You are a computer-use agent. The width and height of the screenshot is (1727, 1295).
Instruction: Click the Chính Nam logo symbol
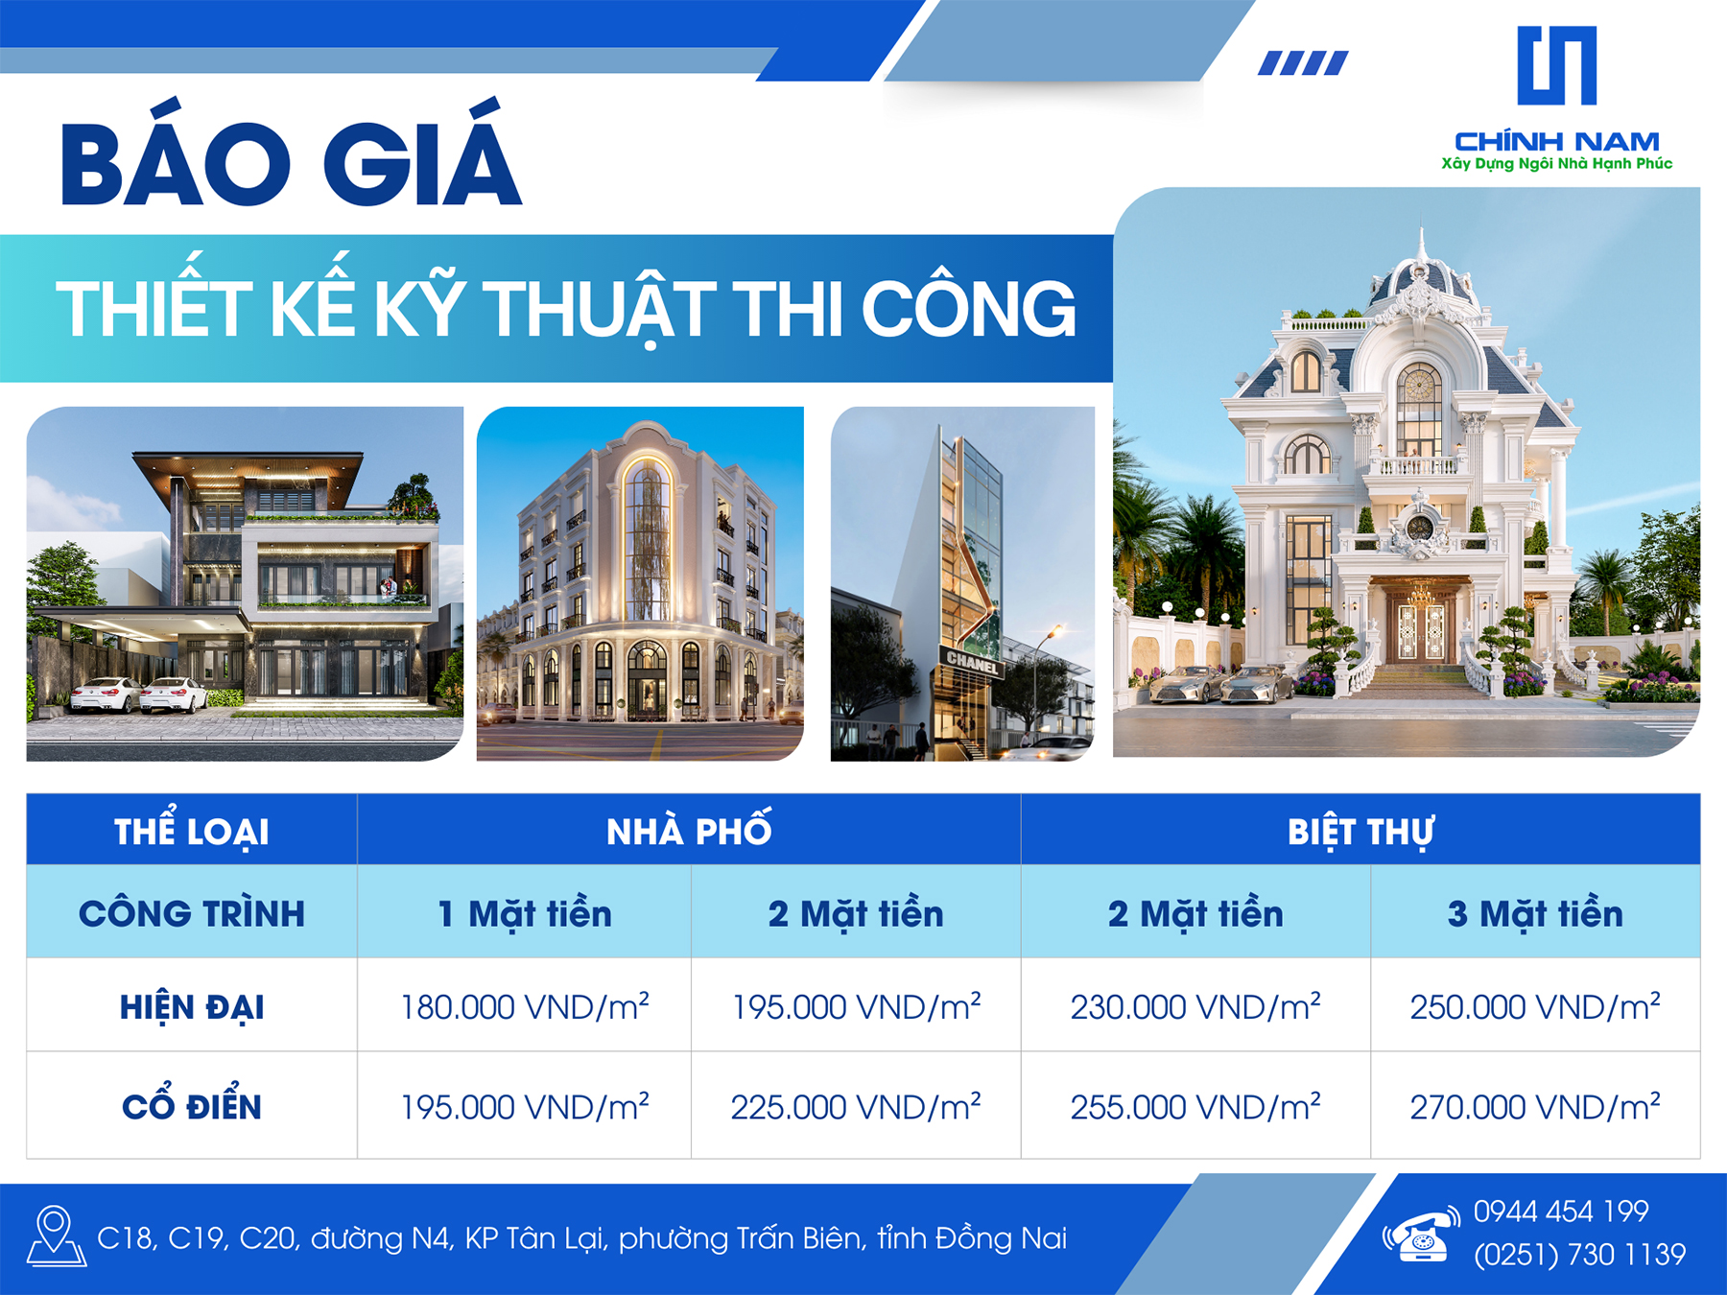point(1556,65)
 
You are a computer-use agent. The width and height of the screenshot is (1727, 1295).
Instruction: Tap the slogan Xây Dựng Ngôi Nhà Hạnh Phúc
point(1556,164)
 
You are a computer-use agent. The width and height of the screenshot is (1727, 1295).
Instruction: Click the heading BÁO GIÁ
point(292,153)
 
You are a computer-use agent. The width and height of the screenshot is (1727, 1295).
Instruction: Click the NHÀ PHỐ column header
point(689,830)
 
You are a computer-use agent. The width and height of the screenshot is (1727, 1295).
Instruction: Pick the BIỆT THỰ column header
point(1360,832)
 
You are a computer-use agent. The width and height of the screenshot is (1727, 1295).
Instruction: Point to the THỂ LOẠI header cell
point(192,830)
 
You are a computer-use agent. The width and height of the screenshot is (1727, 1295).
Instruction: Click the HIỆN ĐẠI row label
point(192,1007)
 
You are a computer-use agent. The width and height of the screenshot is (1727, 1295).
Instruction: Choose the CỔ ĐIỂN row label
point(192,1105)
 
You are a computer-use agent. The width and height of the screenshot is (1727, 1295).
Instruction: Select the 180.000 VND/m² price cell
point(525,1006)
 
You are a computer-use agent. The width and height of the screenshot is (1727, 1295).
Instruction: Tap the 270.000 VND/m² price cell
point(1535,1106)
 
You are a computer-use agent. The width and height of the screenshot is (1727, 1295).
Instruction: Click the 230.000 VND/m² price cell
point(1195,1006)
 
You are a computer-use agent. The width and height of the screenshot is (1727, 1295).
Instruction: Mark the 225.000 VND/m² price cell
point(856,1106)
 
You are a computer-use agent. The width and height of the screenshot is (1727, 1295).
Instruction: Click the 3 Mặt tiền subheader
point(1535,913)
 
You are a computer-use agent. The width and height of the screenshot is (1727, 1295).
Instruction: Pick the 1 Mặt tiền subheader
point(525,913)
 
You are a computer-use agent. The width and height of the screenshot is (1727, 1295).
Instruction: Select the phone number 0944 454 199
point(1561,1212)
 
